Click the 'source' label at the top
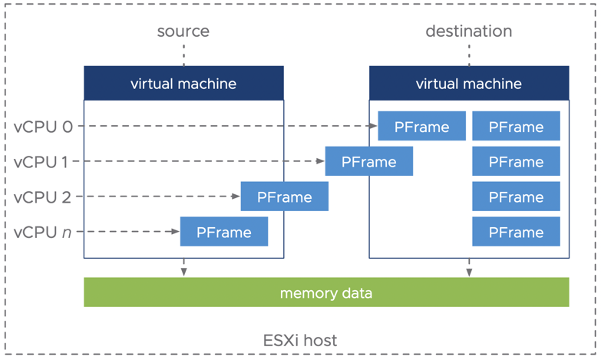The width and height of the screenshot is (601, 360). tap(183, 31)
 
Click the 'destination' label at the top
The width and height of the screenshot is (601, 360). tap(468, 31)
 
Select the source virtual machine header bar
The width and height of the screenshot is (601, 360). tap(183, 83)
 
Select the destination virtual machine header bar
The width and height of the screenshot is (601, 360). tap(469, 83)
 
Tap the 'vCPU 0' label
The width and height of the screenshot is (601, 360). tap(44, 127)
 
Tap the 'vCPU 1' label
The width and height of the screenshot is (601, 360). tap(44, 162)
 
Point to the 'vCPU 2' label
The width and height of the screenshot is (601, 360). tap(44, 197)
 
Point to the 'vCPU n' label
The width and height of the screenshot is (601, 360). tap(44, 232)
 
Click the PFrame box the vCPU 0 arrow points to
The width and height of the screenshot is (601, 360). tap(421, 127)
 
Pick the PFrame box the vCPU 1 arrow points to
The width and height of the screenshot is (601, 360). tap(368, 162)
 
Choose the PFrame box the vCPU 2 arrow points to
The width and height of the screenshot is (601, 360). tap(284, 197)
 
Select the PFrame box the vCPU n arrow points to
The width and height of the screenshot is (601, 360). tap(224, 232)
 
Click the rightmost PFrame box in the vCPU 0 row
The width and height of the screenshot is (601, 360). tap(516, 127)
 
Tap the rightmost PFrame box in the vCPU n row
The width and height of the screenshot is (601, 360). tap(516, 232)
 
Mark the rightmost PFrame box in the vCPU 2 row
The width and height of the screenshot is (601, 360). tap(516, 197)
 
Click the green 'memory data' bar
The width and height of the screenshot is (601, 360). tap(326, 292)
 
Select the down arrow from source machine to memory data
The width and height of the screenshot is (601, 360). tap(183, 268)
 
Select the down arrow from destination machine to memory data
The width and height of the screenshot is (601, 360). tap(469, 268)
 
